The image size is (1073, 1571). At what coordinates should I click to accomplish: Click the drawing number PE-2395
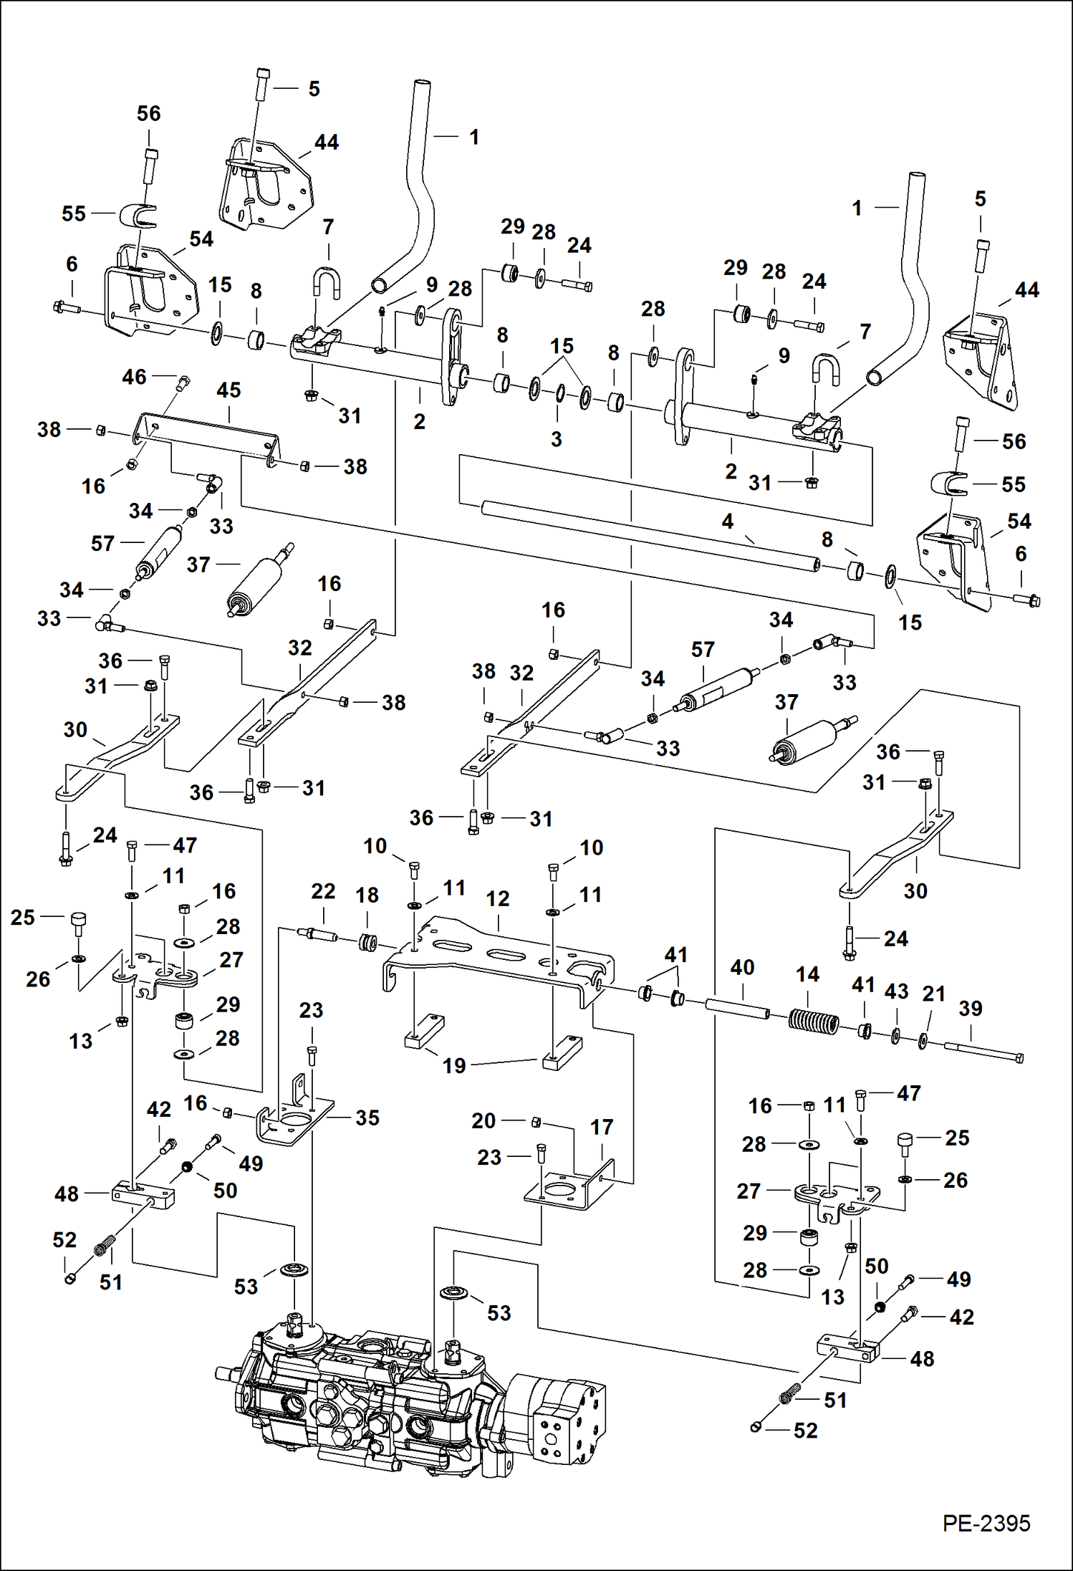[x=986, y=1523]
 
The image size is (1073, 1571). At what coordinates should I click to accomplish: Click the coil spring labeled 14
[x=813, y=1021]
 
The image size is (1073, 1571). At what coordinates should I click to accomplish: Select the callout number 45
[x=228, y=390]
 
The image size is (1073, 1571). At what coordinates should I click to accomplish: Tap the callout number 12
[x=497, y=898]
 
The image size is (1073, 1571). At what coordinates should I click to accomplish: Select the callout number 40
[x=742, y=967]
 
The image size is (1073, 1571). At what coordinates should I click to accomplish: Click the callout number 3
[x=556, y=439]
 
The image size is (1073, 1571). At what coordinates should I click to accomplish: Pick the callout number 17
[x=601, y=1127]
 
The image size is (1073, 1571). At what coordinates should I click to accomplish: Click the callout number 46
[x=134, y=377]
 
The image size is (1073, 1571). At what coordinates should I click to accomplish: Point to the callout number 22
[x=323, y=891]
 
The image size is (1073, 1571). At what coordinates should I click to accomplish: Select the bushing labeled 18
[x=367, y=942]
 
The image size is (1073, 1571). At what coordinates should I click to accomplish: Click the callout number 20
[x=483, y=1120]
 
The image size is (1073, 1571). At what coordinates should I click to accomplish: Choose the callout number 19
[x=454, y=1065]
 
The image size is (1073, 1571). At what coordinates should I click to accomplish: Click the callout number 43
[x=896, y=991]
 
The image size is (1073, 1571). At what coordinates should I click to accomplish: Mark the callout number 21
[x=933, y=994]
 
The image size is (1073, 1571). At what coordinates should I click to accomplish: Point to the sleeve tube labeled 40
[x=738, y=1009]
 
